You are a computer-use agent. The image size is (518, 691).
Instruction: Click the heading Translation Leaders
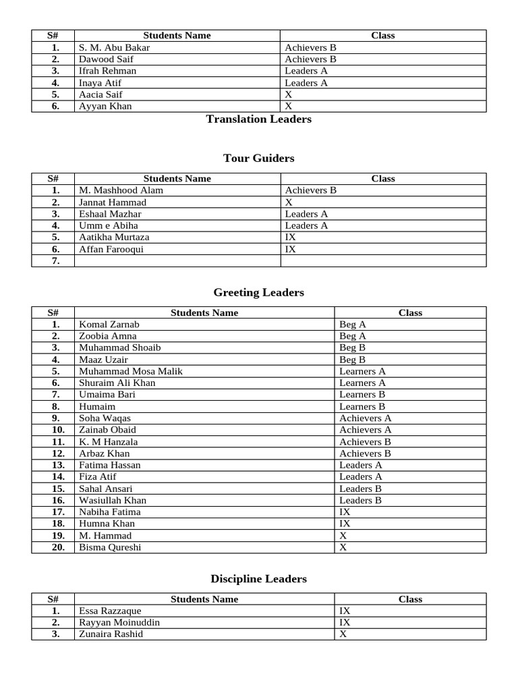[x=258, y=119]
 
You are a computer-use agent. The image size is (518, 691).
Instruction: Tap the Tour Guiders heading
[x=258, y=159]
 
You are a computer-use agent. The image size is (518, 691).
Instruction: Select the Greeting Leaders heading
[x=258, y=293]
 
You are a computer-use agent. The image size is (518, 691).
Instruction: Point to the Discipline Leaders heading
[x=258, y=579]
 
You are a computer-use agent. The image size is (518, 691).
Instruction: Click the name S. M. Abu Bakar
[x=115, y=48]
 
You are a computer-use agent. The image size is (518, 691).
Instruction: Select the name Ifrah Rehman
[x=107, y=71]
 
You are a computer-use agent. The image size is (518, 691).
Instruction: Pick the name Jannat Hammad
[x=112, y=202]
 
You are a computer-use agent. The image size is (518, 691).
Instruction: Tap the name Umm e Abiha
[x=109, y=225]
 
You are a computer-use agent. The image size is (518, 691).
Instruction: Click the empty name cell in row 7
[x=177, y=261]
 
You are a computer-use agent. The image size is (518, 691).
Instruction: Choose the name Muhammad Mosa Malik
[x=131, y=371]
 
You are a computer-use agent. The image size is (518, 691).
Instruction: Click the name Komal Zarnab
[x=109, y=325]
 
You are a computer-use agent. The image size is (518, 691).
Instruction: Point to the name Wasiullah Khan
[x=113, y=500]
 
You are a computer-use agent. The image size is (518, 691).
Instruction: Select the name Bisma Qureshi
[x=110, y=547]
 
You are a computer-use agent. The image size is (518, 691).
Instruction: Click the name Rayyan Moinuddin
[x=119, y=622]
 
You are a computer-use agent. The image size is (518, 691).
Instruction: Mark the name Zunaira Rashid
[x=111, y=634]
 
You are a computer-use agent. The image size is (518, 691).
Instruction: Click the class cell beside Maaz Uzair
[x=353, y=360]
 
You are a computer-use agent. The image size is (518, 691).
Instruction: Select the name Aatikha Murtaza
[x=114, y=238]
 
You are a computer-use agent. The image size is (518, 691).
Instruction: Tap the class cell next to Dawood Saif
[x=310, y=59]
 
